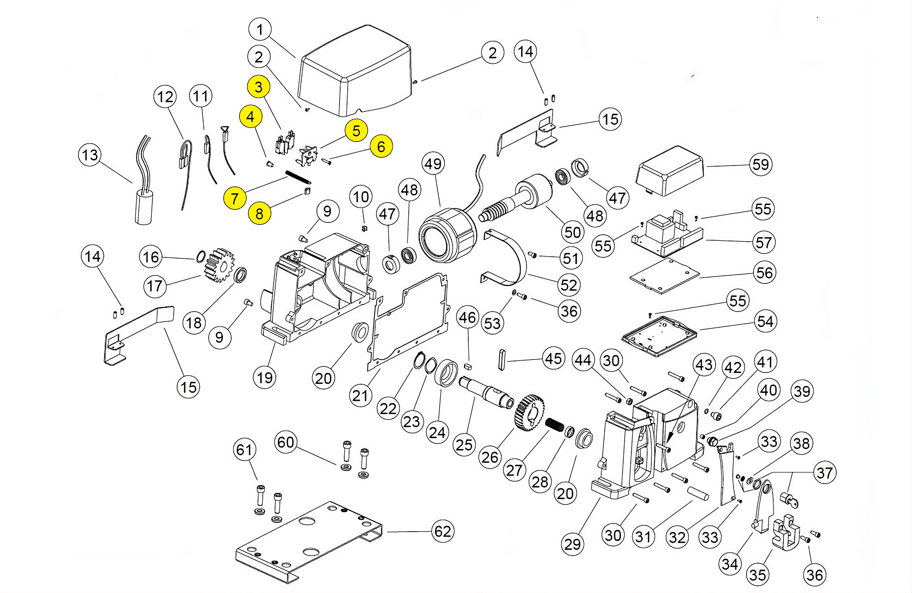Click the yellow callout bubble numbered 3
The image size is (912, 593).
[259, 87]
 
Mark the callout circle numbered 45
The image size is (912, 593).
[553, 359]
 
